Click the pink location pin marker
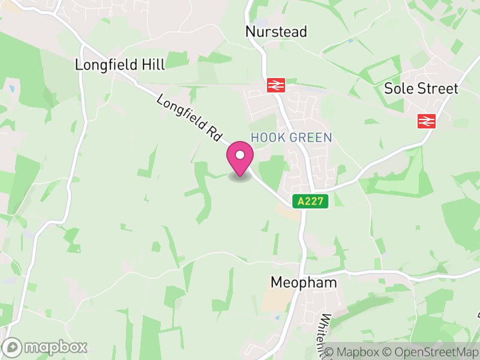[240, 159]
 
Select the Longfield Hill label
[120, 64]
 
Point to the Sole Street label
[421, 89]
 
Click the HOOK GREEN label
[291, 137]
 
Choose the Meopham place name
[304, 282]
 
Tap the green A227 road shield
[311, 202]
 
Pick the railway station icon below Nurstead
[276, 85]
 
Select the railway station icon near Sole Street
[426, 121]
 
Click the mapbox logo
[46, 347]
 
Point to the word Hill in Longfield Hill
[151, 64]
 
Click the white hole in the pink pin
[240, 155]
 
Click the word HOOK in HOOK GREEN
[264, 137]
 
